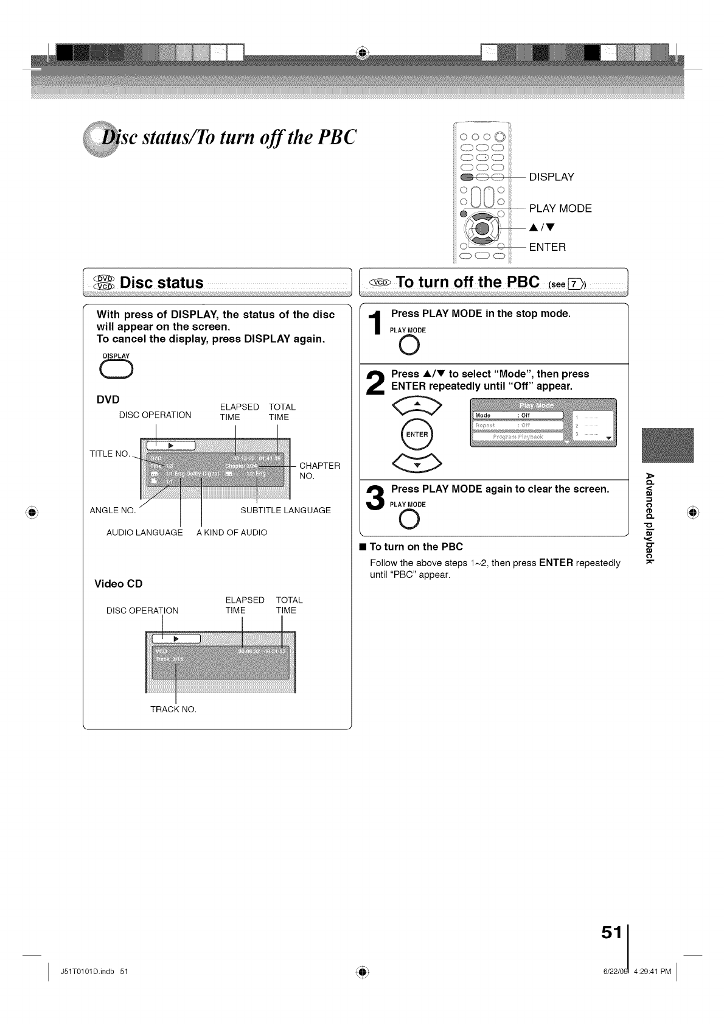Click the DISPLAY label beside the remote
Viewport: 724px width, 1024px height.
tap(551, 177)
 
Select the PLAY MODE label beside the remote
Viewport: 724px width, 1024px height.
tap(560, 209)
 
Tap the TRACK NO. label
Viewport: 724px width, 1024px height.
tap(173, 709)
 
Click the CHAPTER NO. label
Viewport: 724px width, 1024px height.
tap(319, 471)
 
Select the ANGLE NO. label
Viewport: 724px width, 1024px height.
tap(113, 510)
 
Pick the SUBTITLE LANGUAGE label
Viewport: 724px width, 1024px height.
tap(285, 510)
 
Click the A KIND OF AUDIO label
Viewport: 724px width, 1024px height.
tap(232, 533)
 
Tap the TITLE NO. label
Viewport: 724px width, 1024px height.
tap(110, 454)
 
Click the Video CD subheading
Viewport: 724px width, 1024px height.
tap(119, 584)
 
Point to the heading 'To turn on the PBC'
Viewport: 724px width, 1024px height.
tap(416, 547)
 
